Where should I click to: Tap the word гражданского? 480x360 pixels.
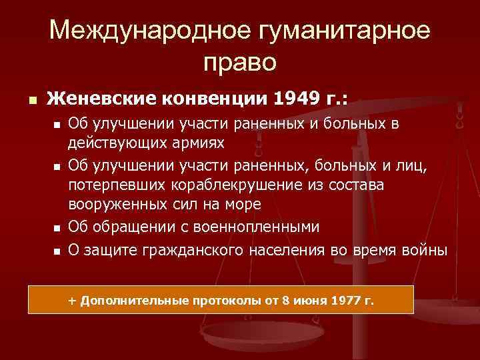click(191, 250)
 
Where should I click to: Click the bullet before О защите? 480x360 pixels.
click(57, 251)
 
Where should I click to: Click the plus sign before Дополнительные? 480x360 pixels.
click(73, 301)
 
